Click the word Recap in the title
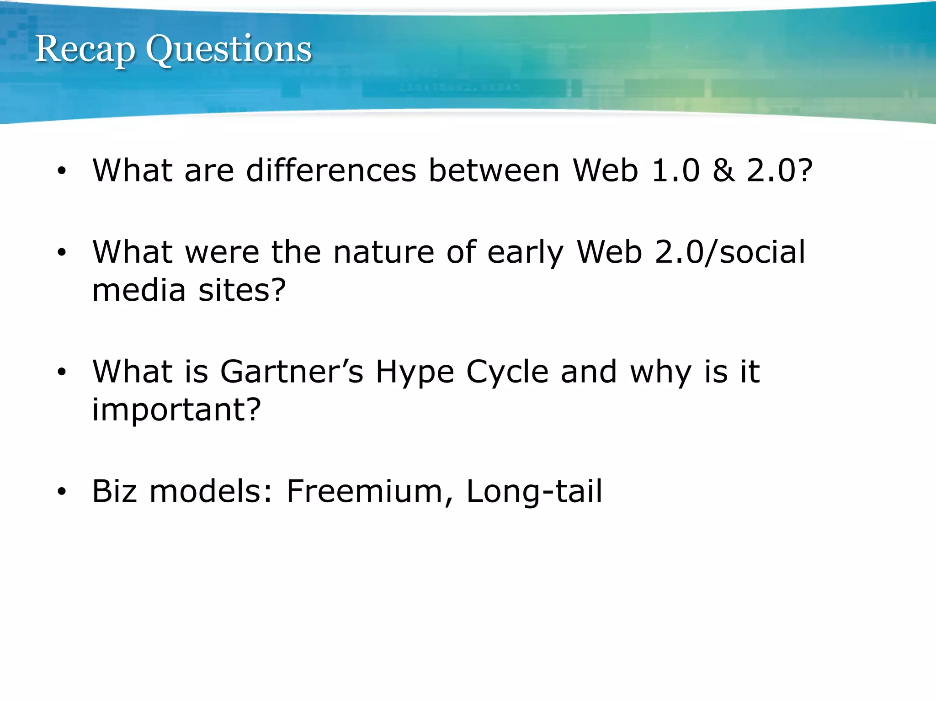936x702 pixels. [x=85, y=49]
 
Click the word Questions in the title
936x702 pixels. [x=229, y=49]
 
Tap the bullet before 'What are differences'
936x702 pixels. [x=62, y=171]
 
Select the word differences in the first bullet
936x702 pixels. [x=331, y=170]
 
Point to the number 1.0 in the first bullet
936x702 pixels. [x=675, y=170]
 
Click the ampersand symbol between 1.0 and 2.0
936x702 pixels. [x=723, y=170]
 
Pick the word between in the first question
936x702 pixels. [x=494, y=170]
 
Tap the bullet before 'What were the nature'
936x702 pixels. [x=62, y=252]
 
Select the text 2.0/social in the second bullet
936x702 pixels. [x=730, y=252]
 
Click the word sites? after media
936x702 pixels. [x=242, y=290]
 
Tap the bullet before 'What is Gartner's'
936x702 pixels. [x=62, y=372]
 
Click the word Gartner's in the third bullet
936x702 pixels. [x=292, y=372]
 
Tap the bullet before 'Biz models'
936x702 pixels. [x=62, y=492]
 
